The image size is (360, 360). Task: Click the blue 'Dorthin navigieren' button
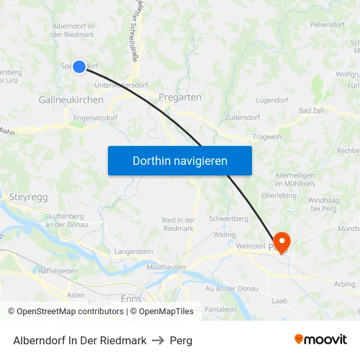tap(179, 160)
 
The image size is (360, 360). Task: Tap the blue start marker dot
tap(79, 66)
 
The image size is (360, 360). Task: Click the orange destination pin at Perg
tap(283, 241)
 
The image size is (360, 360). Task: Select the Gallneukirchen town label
tap(71, 100)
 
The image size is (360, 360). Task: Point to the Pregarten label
tap(180, 97)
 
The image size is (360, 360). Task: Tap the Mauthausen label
tap(166, 267)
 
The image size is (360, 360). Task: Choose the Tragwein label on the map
tap(268, 137)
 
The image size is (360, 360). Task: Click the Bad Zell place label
tap(311, 111)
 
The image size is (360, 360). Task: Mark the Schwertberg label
tap(228, 219)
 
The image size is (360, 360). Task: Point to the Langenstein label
tap(134, 251)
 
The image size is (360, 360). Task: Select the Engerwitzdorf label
tap(96, 118)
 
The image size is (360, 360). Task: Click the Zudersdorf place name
tap(242, 118)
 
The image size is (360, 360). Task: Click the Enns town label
tap(132, 298)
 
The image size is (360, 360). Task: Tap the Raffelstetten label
tap(59, 270)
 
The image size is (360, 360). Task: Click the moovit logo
tap(321, 340)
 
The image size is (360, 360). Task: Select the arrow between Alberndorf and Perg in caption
tap(158, 340)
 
